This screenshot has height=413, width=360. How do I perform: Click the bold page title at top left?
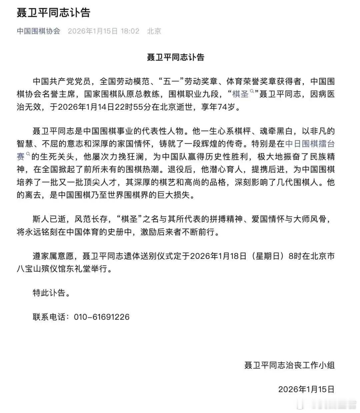[54, 13]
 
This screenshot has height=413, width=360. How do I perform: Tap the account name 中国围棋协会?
[39, 31]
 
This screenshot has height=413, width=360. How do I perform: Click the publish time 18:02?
[130, 31]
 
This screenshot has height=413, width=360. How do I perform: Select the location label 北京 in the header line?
[154, 31]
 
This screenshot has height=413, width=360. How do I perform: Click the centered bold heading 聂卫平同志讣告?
[175, 57]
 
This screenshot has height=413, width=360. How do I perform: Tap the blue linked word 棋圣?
[240, 94]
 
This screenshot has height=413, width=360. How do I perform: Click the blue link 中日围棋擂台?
[310, 144]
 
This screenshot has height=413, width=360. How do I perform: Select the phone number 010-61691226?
[100, 317]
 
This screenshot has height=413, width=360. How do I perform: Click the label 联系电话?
[49, 317]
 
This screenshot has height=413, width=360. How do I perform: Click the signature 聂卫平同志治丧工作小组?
[289, 365]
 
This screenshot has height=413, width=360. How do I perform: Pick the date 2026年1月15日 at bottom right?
[306, 389]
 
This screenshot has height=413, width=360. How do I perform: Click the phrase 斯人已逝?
[49, 219]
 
